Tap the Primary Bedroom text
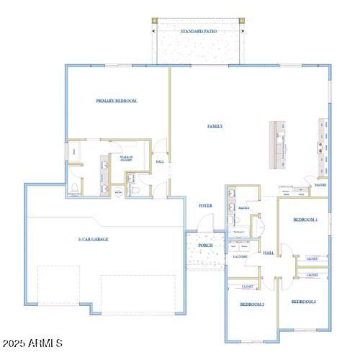[117, 101]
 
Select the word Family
[215, 126]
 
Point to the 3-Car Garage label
[93, 238]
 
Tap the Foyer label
[205, 206]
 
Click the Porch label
[205, 246]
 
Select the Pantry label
[320, 185]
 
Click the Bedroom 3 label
[252, 305]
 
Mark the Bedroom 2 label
[304, 301]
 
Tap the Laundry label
[240, 256]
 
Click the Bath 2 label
[244, 208]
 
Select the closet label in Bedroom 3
[247, 287]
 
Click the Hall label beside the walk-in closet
[160, 162]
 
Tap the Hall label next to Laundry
[269, 253]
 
